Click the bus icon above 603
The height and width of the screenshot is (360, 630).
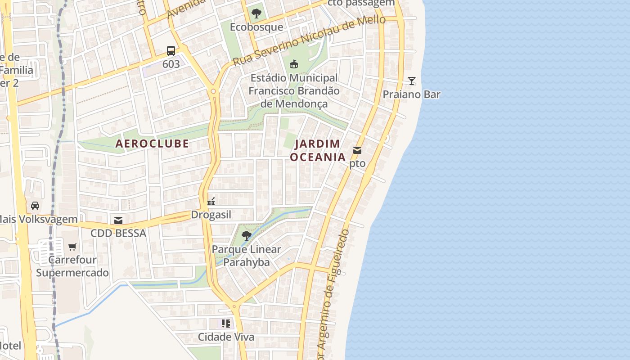tap(171, 50)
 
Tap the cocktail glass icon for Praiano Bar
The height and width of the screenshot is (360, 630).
tap(411, 81)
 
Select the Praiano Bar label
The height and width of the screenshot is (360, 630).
tap(411, 94)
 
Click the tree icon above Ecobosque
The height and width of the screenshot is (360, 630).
tap(256, 13)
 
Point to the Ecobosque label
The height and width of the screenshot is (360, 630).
tap(256, 27)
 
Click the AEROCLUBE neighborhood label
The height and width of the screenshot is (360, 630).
tap(152, 144)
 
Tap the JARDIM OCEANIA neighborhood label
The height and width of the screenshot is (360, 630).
tap(318, 150)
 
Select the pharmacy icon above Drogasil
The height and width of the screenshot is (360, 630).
tap(211, 201)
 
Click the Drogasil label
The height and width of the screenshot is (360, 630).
tap(211, 215)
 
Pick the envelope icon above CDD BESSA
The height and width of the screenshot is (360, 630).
tap(118, 220)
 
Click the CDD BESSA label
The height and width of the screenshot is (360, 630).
tap(118, 233)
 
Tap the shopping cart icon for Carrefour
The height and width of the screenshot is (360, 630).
tap(72, 247)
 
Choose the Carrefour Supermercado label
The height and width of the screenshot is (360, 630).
tap(72, 266)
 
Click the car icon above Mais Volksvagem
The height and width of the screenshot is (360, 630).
tap(35, 206)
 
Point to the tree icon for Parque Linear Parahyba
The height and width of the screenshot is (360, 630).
tap(246, 235)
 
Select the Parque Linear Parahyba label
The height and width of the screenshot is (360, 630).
tap(246, 256)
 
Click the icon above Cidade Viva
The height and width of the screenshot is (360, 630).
tap(226, 323)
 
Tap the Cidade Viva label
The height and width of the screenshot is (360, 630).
tap(226, 337)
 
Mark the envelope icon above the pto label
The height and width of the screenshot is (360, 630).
tap(357, 150)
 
